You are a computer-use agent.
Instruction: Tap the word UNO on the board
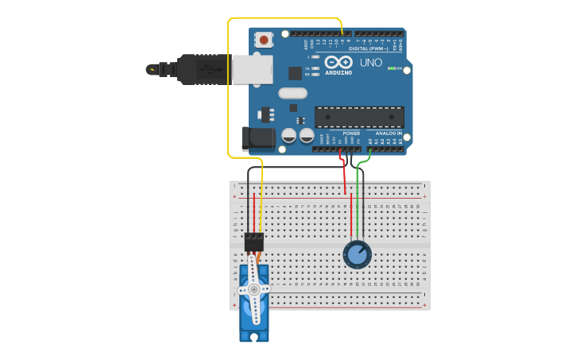pyautogui.click(x=371, y=62)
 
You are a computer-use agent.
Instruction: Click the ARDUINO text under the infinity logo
pyautogui.click(x=338, y=72)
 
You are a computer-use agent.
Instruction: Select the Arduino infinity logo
pyautogui.click(x=338, y=62)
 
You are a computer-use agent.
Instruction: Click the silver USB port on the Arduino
pyautogui.click(x=252, y=69)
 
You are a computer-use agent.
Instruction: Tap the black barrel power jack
pyautogui.click(x=257, y=138)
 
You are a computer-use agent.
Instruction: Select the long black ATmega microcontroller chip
pyautogui.click(x=359, y=117)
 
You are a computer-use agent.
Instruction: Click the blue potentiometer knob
pyautogui.click(x=358, y=254)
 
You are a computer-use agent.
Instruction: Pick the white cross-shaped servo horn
pyautogui.click(x=254, y=289)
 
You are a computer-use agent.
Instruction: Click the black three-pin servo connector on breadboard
pyautogui.click(x=254, y=241)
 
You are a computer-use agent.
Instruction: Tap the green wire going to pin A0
pyautogui.click(x=359, y=199)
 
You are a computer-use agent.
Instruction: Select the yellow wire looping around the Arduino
pyautogui.click(x=229, y=87)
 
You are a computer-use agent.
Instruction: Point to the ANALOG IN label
pyautogui.click(x=389, y=133)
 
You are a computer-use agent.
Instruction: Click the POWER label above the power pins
pyautogui.click(x=351, y=133)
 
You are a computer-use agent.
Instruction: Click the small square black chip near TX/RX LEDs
pyautogui.click(x=295, y=73)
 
